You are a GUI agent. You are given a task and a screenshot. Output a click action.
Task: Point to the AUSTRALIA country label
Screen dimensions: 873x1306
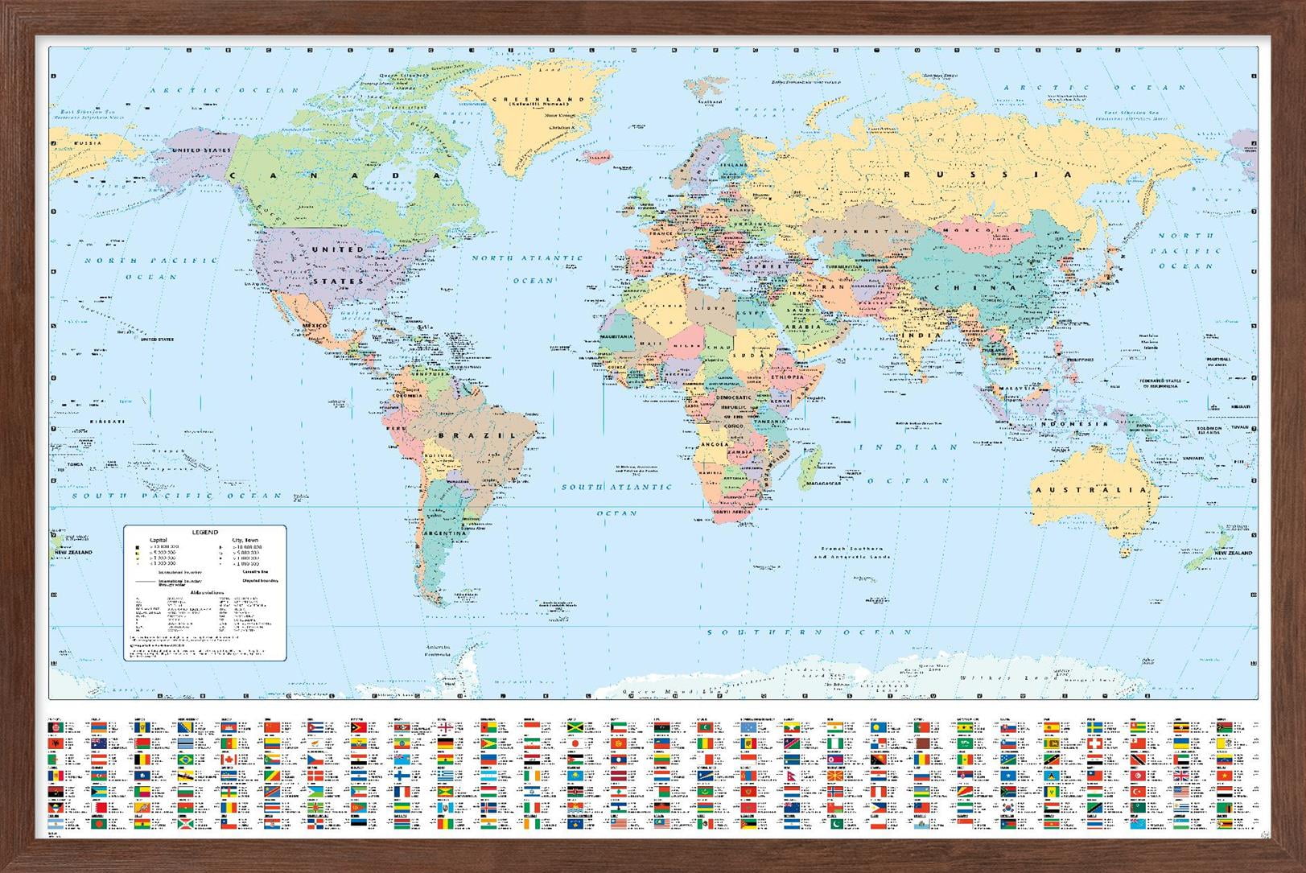tap(1090, 490)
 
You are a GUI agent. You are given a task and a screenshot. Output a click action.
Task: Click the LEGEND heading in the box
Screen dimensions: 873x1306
tap(204, 533)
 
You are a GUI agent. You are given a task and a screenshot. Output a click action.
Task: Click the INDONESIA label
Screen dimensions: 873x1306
tap(1074, 423)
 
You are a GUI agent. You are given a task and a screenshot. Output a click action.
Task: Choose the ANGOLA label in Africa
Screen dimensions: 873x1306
tap(715, 444)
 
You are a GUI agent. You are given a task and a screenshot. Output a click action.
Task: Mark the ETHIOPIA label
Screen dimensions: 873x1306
tap(786, 377)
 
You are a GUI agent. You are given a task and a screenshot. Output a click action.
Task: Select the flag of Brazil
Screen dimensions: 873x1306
tap(185, 760)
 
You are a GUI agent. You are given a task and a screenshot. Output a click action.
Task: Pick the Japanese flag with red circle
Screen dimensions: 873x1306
tap(575, 743)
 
